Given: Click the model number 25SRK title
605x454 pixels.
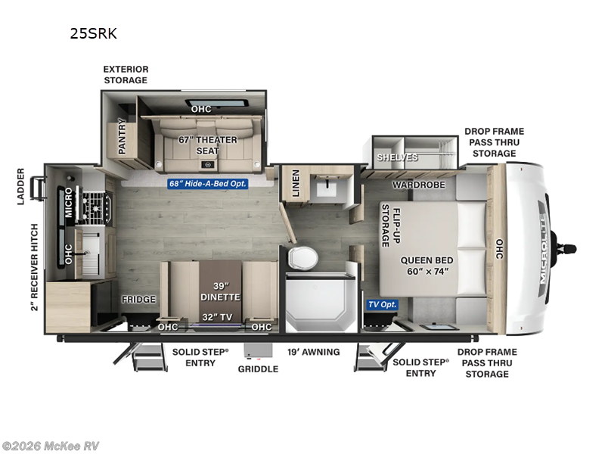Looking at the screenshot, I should [94, 33].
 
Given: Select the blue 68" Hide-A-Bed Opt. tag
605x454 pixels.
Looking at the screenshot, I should [207, 182].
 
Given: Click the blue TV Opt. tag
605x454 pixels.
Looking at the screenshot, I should [383, 304].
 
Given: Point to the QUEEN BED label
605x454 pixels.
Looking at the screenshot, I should [427, 266].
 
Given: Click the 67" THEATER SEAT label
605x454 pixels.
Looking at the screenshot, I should [207, 145].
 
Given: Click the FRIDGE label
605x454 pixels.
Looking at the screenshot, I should [139, 299].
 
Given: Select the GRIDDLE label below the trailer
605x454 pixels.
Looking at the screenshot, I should [258, 368].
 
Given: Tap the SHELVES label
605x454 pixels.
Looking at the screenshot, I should [397, 157].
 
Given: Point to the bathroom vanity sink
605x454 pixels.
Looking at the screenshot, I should [327, 184].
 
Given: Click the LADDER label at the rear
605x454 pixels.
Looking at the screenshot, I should [20, 186].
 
